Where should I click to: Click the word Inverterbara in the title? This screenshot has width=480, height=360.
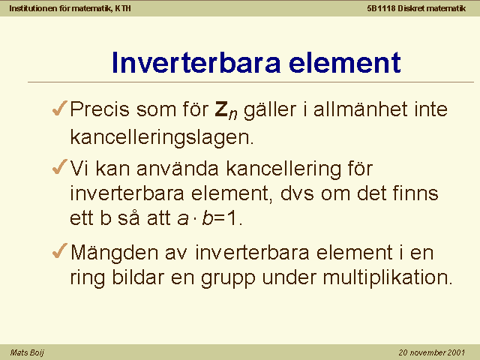coord(196,62)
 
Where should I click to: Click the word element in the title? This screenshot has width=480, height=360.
coord(345,62)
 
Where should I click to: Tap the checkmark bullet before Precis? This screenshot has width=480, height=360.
coord(60,108)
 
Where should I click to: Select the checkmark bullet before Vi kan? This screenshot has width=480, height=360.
coord(60,167)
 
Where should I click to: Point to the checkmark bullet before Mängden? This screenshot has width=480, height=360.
coord(60,251)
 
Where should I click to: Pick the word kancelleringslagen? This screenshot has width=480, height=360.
coord(162,137)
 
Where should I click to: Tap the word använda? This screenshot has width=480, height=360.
coord(178,168)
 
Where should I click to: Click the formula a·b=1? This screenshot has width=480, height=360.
coord(210,218)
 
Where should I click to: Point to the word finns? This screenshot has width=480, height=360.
coord(415,193)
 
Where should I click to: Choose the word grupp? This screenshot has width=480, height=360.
coord(228,278)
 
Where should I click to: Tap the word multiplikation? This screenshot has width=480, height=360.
coord(388,277)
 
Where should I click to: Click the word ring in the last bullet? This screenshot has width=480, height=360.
coord(88,278)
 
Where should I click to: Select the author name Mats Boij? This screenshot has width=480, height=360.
coord(27,352)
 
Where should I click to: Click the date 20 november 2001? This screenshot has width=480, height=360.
coord(432,352)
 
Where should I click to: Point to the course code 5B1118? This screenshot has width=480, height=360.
coord(381,8)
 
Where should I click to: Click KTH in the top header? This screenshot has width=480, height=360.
coord(123,8)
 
